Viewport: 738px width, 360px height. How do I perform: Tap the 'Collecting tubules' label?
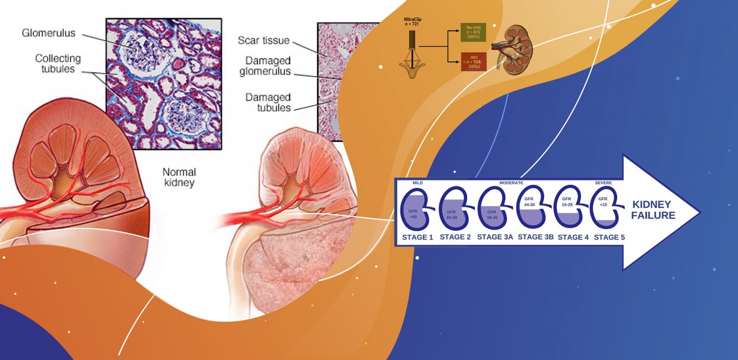coord(58,63)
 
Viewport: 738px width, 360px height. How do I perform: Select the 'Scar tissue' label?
coord(264,40)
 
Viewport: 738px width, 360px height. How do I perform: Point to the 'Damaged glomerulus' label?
coord(268,66)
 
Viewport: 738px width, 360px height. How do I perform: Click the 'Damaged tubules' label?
coord(268,102)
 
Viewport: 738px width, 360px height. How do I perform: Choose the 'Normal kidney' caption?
coord(179,177)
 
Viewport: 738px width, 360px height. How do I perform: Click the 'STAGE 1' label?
coord(418,237)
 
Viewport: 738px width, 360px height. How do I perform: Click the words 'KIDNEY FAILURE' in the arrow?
coord(653,210)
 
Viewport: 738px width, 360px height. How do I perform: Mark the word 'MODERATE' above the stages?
coord(511,183)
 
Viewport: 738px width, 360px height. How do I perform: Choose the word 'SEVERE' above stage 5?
coord(603,183)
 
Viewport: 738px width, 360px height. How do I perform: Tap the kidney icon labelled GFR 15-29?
coord(568,209)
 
